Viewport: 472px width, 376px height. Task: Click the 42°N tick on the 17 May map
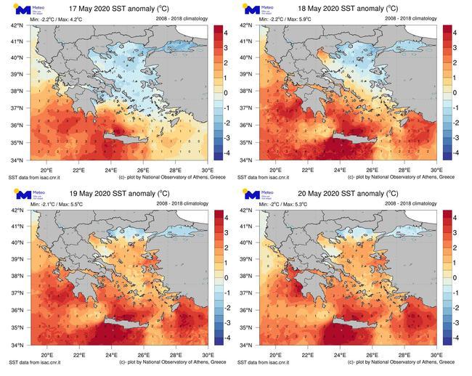point(17,25)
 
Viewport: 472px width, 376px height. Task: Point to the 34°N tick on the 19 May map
point(17,345)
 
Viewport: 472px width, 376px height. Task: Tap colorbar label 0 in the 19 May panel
point(226,277)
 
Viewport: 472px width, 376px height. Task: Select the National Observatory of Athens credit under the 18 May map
point(401,176)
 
